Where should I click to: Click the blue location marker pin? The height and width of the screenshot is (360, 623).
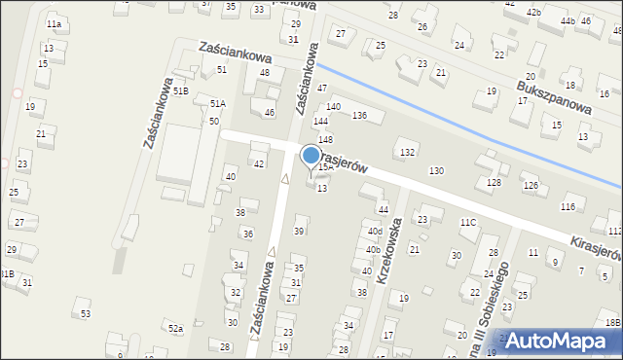[311, 156]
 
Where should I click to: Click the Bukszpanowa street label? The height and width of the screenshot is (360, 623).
[556, 96]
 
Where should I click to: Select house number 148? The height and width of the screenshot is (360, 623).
[325, 140]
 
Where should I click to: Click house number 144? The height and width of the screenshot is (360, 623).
[320, 122]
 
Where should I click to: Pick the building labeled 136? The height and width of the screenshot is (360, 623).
[359, 116]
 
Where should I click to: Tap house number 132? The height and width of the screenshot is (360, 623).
[407, 153]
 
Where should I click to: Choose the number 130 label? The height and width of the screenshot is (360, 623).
[437, 171]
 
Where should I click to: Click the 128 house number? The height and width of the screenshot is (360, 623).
[495, 183]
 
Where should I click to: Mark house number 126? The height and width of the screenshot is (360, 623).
[531, 185]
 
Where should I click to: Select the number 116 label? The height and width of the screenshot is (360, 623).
[568, 207]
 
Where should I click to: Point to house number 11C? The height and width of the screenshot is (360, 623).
[468, 223]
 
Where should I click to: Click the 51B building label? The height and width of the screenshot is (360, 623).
[180, 90]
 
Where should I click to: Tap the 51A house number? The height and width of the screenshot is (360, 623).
[217, 103]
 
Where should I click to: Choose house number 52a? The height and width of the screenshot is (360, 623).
[175, 329]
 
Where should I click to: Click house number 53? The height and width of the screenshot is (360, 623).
[86, 313]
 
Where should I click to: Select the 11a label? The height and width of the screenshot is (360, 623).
[54, 23]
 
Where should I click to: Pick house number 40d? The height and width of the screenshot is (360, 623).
[374, 231]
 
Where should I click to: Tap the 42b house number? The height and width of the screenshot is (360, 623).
[534, 12]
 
